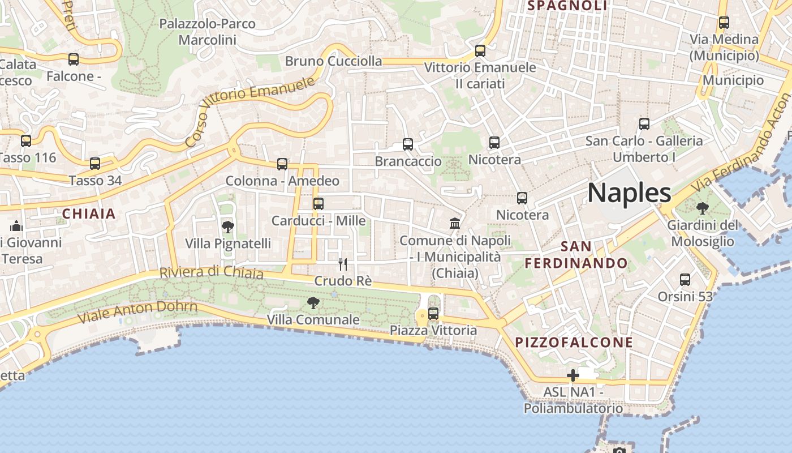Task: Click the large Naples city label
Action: point(629,193)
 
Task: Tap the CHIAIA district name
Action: point(89,214)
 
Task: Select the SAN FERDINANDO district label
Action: point(576,255)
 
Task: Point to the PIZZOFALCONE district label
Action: point(574,343)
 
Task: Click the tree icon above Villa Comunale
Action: point(313,303)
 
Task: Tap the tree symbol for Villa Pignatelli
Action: point(227,227)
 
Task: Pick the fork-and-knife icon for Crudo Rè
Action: point(342,264)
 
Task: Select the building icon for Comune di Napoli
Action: point(455,223)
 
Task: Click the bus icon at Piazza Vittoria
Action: point(433,313)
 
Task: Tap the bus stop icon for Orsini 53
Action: point(685,279)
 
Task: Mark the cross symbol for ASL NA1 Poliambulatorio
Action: point(573,375)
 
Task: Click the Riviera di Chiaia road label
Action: point(212,272)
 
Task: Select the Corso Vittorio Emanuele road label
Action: point(249,112)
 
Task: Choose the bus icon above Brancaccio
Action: point(408,144)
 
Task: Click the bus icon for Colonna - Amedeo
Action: point(282,164)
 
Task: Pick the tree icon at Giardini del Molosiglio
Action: point(702,208)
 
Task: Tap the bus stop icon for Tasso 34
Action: point(95,164)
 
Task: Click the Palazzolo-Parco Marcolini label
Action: point(207,32)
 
